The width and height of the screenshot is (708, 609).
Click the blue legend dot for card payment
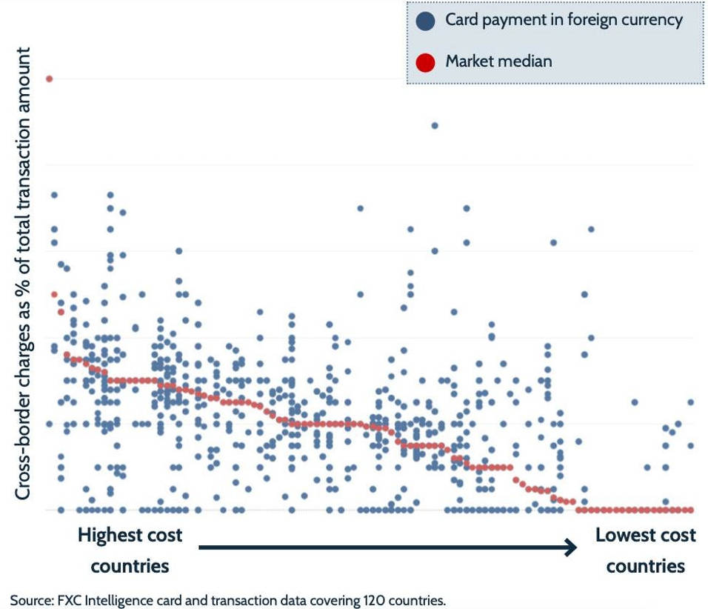click(x=425, y=21)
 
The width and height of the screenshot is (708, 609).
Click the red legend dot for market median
click(x=425, y=62)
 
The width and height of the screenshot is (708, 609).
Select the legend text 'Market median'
click(x=498, y=61)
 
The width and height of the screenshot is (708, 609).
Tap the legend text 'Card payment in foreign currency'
click(x=564, y=20)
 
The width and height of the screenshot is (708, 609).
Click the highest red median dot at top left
click(x=49, y=79)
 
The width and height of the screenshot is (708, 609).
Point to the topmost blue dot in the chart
click(x=435, y=125)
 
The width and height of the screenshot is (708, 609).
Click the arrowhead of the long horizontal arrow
click(x=570, y=548)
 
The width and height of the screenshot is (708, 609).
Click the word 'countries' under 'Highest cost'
click(x=130, y=567)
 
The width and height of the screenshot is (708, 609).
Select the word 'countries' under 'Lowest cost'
click(x=646, y=567)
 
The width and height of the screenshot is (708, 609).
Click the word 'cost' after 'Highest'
click(x=164, y=535)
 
